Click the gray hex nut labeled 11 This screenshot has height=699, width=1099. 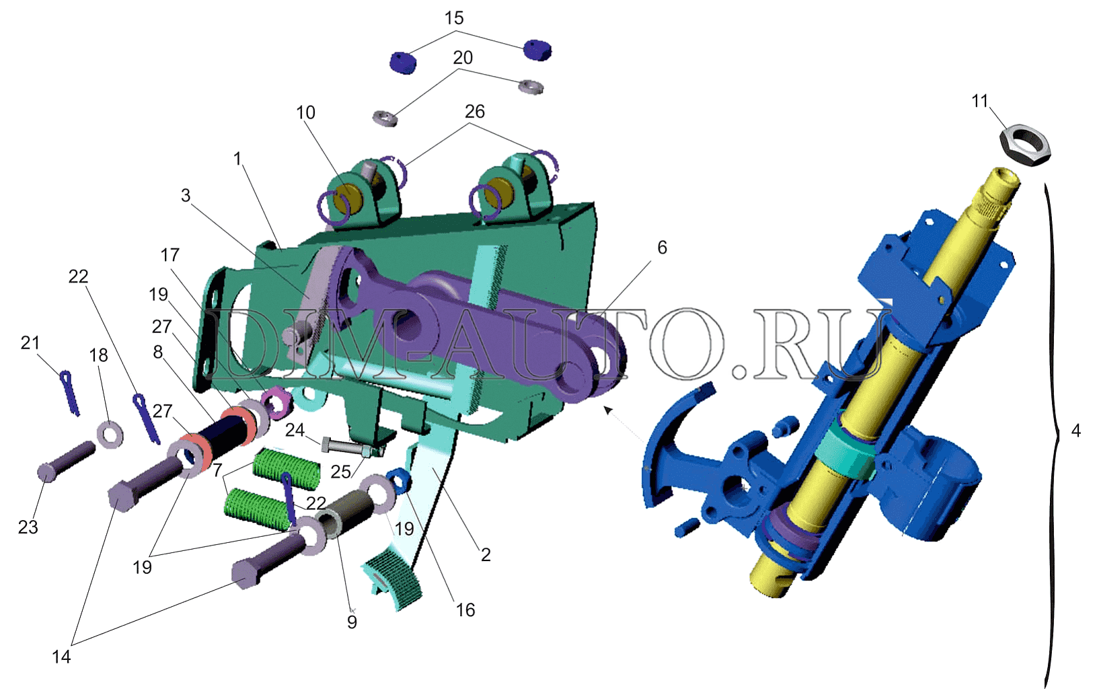[x=1025, y=145]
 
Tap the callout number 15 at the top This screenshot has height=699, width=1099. [x=454, y=18]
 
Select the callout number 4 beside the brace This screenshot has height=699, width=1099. [x=1076, y=431]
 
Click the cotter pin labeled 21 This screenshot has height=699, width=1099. [x=70, y=393]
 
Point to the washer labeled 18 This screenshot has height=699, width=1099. [x=110, y=434]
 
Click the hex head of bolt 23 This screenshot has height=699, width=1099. [x=47, y=472]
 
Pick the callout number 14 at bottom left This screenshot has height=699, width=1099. [x=61, y=657]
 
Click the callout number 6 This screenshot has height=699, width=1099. [x=662, y=248]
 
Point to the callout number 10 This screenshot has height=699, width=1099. [x=305, y=112]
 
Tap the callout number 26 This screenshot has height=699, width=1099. [x=474, y=112]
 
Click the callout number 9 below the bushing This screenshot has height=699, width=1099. [x=352, y=622]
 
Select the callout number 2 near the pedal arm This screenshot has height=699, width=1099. [x=485, y=554]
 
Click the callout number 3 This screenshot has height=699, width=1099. [x=186, y=195]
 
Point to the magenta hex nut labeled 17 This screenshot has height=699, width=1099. [x=278, y=402]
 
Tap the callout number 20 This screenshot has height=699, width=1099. [x=463, y=57]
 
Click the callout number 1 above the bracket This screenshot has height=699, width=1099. [x=237, y=159]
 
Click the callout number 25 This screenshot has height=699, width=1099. [x=340, y=472]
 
